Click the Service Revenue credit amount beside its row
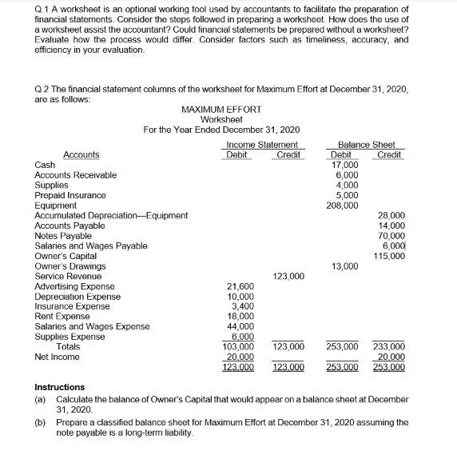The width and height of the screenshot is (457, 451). pos(288,276)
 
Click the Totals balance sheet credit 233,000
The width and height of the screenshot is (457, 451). pos(388,346)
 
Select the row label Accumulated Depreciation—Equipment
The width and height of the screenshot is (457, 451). pos(101,215)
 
